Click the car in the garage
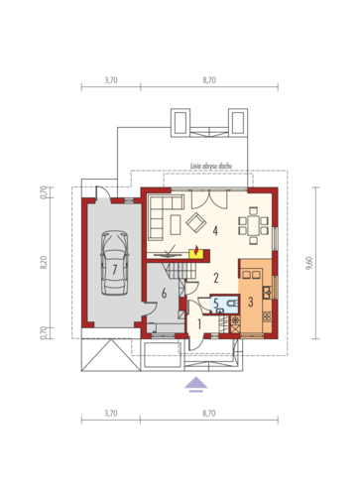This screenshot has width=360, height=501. point(114,263)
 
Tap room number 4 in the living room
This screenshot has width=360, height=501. point(215,230)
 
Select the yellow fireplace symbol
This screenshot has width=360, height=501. point(196,253)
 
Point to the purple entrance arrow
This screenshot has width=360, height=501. point(196,384)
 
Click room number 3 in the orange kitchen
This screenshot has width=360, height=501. point(251,302)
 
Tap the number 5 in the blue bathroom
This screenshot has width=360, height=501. point(216,303)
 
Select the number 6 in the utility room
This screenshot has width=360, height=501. point(164,293)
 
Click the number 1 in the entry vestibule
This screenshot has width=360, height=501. point(199,324)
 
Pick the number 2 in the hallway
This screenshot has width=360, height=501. point(216,278)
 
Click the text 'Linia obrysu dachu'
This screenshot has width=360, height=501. point(211,166)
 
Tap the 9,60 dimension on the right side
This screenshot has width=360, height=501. point(309,263)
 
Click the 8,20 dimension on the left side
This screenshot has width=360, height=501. point(44,262)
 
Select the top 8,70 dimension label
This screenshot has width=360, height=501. point(209,80)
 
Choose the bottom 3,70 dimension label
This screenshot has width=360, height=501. point(111,414)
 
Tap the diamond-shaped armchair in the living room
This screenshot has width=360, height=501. point(196,222)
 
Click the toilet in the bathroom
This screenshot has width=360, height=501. point(233,303)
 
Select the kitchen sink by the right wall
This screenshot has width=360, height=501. point(267,293)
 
